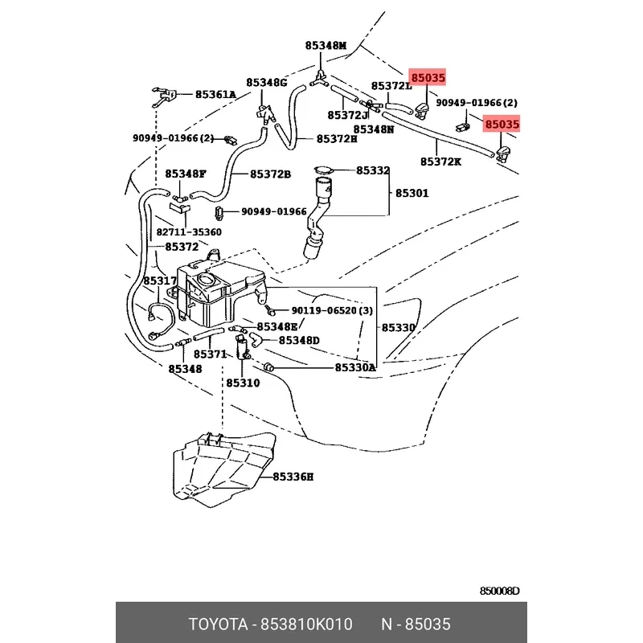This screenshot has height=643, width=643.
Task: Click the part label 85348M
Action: pos(326,46)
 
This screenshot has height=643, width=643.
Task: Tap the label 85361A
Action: pos(215,95)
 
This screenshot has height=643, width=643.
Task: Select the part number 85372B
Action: pos(270,174)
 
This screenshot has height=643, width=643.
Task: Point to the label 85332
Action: pos(372,170)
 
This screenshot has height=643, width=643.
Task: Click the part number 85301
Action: pos(412,193)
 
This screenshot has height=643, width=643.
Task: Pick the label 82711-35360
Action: pos(189,232)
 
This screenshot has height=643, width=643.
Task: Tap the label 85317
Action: pos(160,281)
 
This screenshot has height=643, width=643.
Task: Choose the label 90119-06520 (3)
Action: pos(332,310)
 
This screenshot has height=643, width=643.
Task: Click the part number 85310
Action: pos(243,383)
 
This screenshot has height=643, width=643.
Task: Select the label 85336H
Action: pos(293,477)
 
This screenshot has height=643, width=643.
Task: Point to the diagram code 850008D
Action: pos(499,591)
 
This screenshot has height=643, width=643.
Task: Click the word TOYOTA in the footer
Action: pos(218,625)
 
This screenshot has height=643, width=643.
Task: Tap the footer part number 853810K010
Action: pos(307,625)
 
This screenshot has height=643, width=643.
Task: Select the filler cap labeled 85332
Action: pos(324,170)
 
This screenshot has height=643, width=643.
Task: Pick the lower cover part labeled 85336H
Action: pos(223,468)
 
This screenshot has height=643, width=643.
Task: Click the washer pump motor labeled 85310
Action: pos(242,347)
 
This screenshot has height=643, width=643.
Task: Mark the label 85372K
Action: pos(440,162)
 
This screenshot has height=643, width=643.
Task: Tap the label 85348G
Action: pos(266,83)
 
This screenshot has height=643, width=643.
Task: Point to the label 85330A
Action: pos(355,367)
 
